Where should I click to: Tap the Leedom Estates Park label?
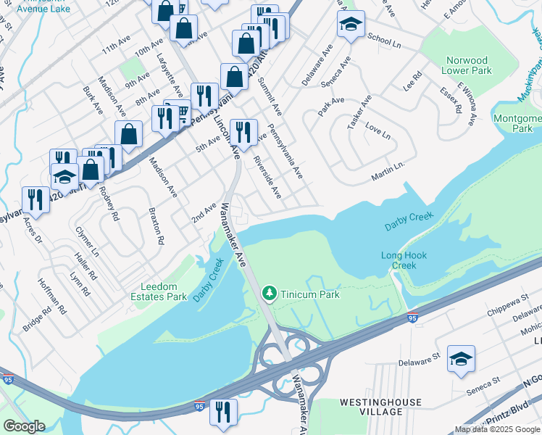pos(159,291)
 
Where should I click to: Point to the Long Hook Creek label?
pos(404,260)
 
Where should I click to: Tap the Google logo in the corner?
pos(24,426)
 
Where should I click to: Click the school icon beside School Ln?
pos(350,25)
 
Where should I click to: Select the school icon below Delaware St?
pos(461,359)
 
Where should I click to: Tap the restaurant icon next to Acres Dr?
pos(36,198)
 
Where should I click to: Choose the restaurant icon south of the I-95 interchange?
pos(223,411)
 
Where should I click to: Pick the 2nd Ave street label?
pos(204,212)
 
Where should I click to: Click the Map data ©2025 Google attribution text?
pos(498,428)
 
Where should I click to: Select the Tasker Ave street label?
pos(359,112)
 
